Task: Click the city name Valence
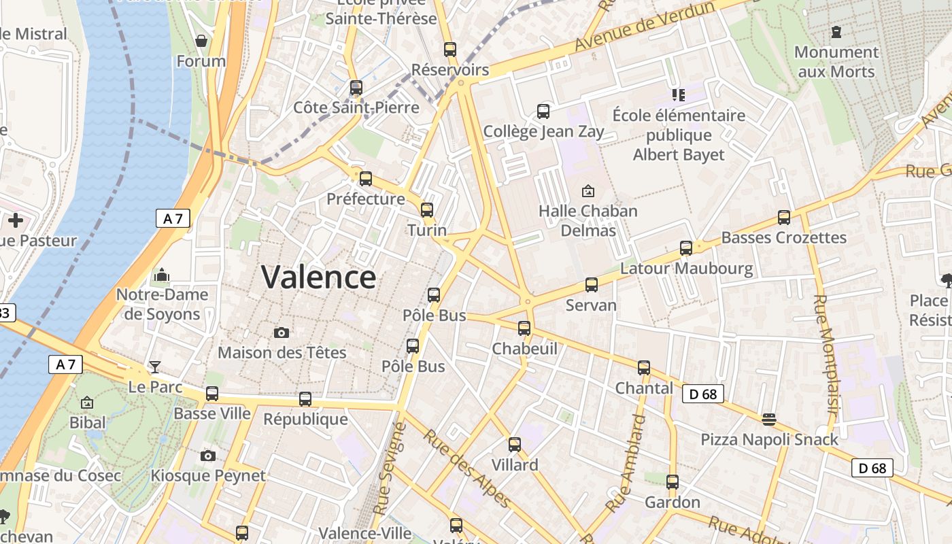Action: [x=318, y=277]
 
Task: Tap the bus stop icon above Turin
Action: [x=427, y=210]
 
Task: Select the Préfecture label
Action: [x=366, y=199]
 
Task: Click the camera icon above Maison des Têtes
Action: [x=282, y=333]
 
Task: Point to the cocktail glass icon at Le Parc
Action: [x=155, y=367]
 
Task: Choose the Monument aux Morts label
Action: [x=836, y=61]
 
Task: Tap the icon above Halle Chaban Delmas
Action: [x=588, y=191]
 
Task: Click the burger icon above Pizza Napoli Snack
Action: [x=769, y=419]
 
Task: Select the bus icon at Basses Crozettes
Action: [x=784, y=218]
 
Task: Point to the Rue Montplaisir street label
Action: [x=825, y=354]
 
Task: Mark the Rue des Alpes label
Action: [x=467, y=469]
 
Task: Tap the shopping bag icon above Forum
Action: [x=201, y=41]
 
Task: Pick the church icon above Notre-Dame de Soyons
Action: [x=162, y=275]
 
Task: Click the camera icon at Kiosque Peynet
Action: [x=208, y=456]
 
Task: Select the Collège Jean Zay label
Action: [x=543, y=131]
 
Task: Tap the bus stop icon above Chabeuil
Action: [x=524, y=328]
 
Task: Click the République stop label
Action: [x=305, y=419]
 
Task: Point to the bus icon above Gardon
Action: [x=673, y=482]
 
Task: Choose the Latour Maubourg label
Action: [x=686, y=269]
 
